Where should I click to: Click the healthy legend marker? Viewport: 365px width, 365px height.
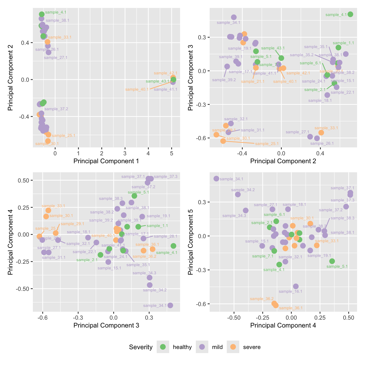click(x=163, y=347)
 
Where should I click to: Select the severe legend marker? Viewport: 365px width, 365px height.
click(x=233, y=347)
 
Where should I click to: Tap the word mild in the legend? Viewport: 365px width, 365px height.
click(x=217, y=347)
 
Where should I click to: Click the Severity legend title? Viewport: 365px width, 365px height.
click(x=141, y=347)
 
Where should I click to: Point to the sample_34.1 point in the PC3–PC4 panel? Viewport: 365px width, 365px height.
click(x=170, y=305)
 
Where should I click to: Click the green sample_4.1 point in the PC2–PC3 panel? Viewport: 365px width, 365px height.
click(x=350, y=14)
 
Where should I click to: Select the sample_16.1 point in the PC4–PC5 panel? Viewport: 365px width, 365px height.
click(x=296, y=286)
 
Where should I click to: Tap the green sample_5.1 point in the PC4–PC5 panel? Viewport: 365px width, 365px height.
click(x=332, y=261)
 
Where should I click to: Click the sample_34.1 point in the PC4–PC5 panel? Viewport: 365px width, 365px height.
click(x=216, y=178)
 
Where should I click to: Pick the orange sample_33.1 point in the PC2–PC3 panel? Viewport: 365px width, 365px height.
click(x=321, y=133)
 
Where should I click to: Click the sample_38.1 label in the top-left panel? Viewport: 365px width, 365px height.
click(x=58, y=20)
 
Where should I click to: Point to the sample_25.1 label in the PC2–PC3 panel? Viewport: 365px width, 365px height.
click(x=267, y=144)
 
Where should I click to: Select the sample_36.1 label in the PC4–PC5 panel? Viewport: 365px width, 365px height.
click(x=291, y=308)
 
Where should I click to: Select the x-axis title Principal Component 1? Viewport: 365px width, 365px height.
click(x=106, y=161)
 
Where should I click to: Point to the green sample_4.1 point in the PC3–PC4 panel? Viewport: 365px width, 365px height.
click(x=173, y=246)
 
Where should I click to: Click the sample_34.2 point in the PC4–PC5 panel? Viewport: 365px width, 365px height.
click(x=238, y=194)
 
